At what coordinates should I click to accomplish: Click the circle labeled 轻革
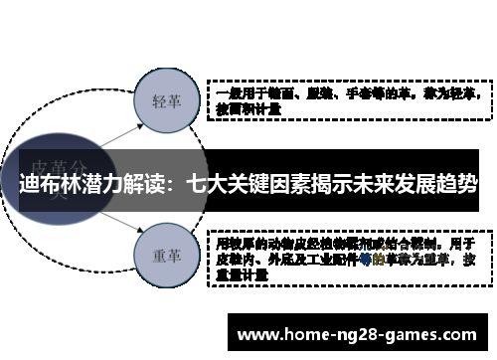coord(165,100)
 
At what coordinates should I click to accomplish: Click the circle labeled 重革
coord(165,255)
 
